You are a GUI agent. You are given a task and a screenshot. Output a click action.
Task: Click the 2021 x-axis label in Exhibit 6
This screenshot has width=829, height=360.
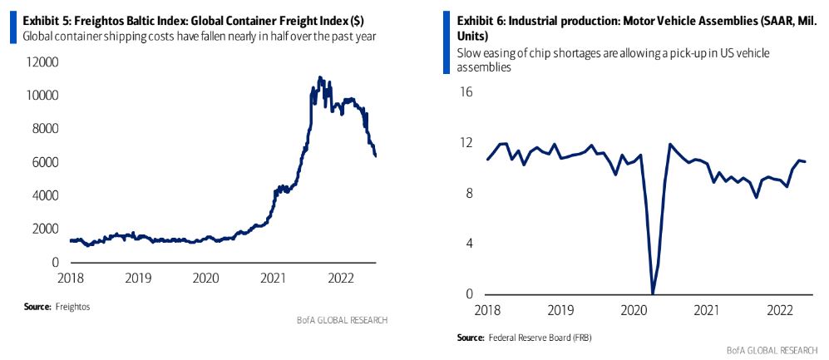[x=705, y=310]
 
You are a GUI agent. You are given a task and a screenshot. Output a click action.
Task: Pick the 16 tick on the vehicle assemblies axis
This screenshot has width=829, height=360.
[x=466, y=92]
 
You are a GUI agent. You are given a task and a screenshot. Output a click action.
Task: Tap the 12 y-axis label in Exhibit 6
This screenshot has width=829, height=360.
[x=466, y=143]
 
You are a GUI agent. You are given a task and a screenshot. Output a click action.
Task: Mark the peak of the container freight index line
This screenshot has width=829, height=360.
[x=320, y=77]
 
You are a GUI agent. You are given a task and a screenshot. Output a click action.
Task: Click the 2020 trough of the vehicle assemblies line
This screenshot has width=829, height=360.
[x=653, y=293]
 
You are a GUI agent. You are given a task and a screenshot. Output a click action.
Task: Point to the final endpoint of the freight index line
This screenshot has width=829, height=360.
[x=377, y=155]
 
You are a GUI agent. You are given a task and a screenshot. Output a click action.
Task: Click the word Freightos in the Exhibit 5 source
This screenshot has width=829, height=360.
[x=72, y=307]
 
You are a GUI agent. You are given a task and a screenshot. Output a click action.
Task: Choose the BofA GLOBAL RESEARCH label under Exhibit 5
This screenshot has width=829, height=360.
[x=342, y=320]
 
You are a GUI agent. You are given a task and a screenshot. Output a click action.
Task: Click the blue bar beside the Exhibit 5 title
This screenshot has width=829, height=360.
[x=12, y=27]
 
